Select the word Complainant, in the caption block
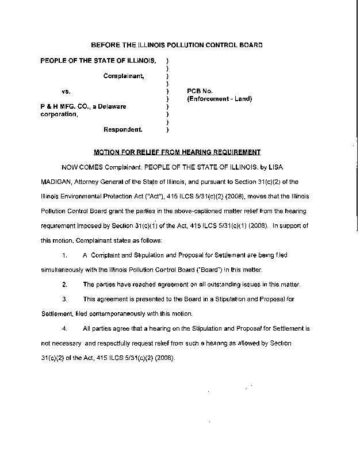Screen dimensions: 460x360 (x=124, y=75)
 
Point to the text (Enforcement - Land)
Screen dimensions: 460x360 (x=220, y=99)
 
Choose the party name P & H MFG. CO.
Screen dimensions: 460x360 (x=62, y=106)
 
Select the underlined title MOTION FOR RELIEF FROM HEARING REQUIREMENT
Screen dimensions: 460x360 (x=177, y=152)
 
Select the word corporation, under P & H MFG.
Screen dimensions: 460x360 (x=59, y=114)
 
